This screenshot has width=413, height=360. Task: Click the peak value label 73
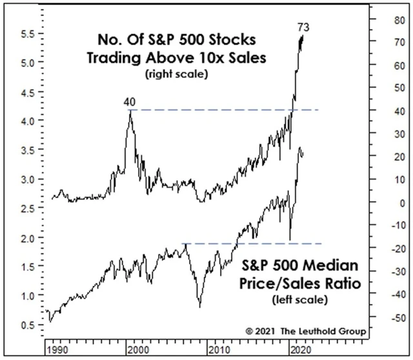302,27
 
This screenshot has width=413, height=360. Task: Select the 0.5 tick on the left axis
28,325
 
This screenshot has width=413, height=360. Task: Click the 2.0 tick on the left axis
28,237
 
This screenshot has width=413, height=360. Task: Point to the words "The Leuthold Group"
324,331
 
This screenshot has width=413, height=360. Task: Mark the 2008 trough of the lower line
199,306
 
